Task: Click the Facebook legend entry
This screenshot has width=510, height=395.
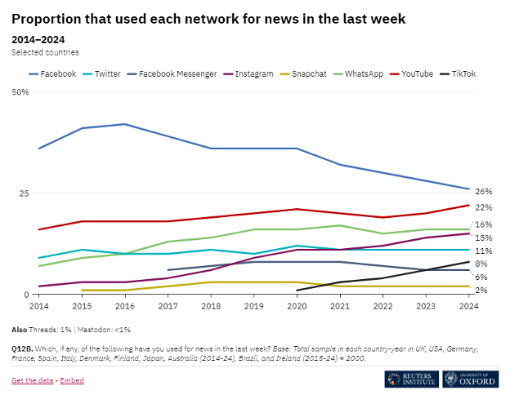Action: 53,73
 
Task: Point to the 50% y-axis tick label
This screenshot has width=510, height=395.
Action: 20,92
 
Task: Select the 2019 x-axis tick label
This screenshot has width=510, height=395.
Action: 254,306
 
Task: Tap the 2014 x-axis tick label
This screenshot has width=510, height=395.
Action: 39,306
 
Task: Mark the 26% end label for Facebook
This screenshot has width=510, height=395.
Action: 483,191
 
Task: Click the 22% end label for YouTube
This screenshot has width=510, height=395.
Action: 483,207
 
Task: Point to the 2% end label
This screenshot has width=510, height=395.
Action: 481,290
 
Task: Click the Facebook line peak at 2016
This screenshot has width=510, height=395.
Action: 125,124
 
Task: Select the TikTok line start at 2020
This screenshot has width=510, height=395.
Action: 297,291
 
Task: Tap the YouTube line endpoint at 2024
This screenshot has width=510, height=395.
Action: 469,205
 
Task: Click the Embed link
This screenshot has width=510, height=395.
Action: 72,380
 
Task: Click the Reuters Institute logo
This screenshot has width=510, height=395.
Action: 411,379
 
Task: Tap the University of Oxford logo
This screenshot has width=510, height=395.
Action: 471,379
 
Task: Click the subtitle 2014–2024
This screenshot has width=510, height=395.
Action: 38,38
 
